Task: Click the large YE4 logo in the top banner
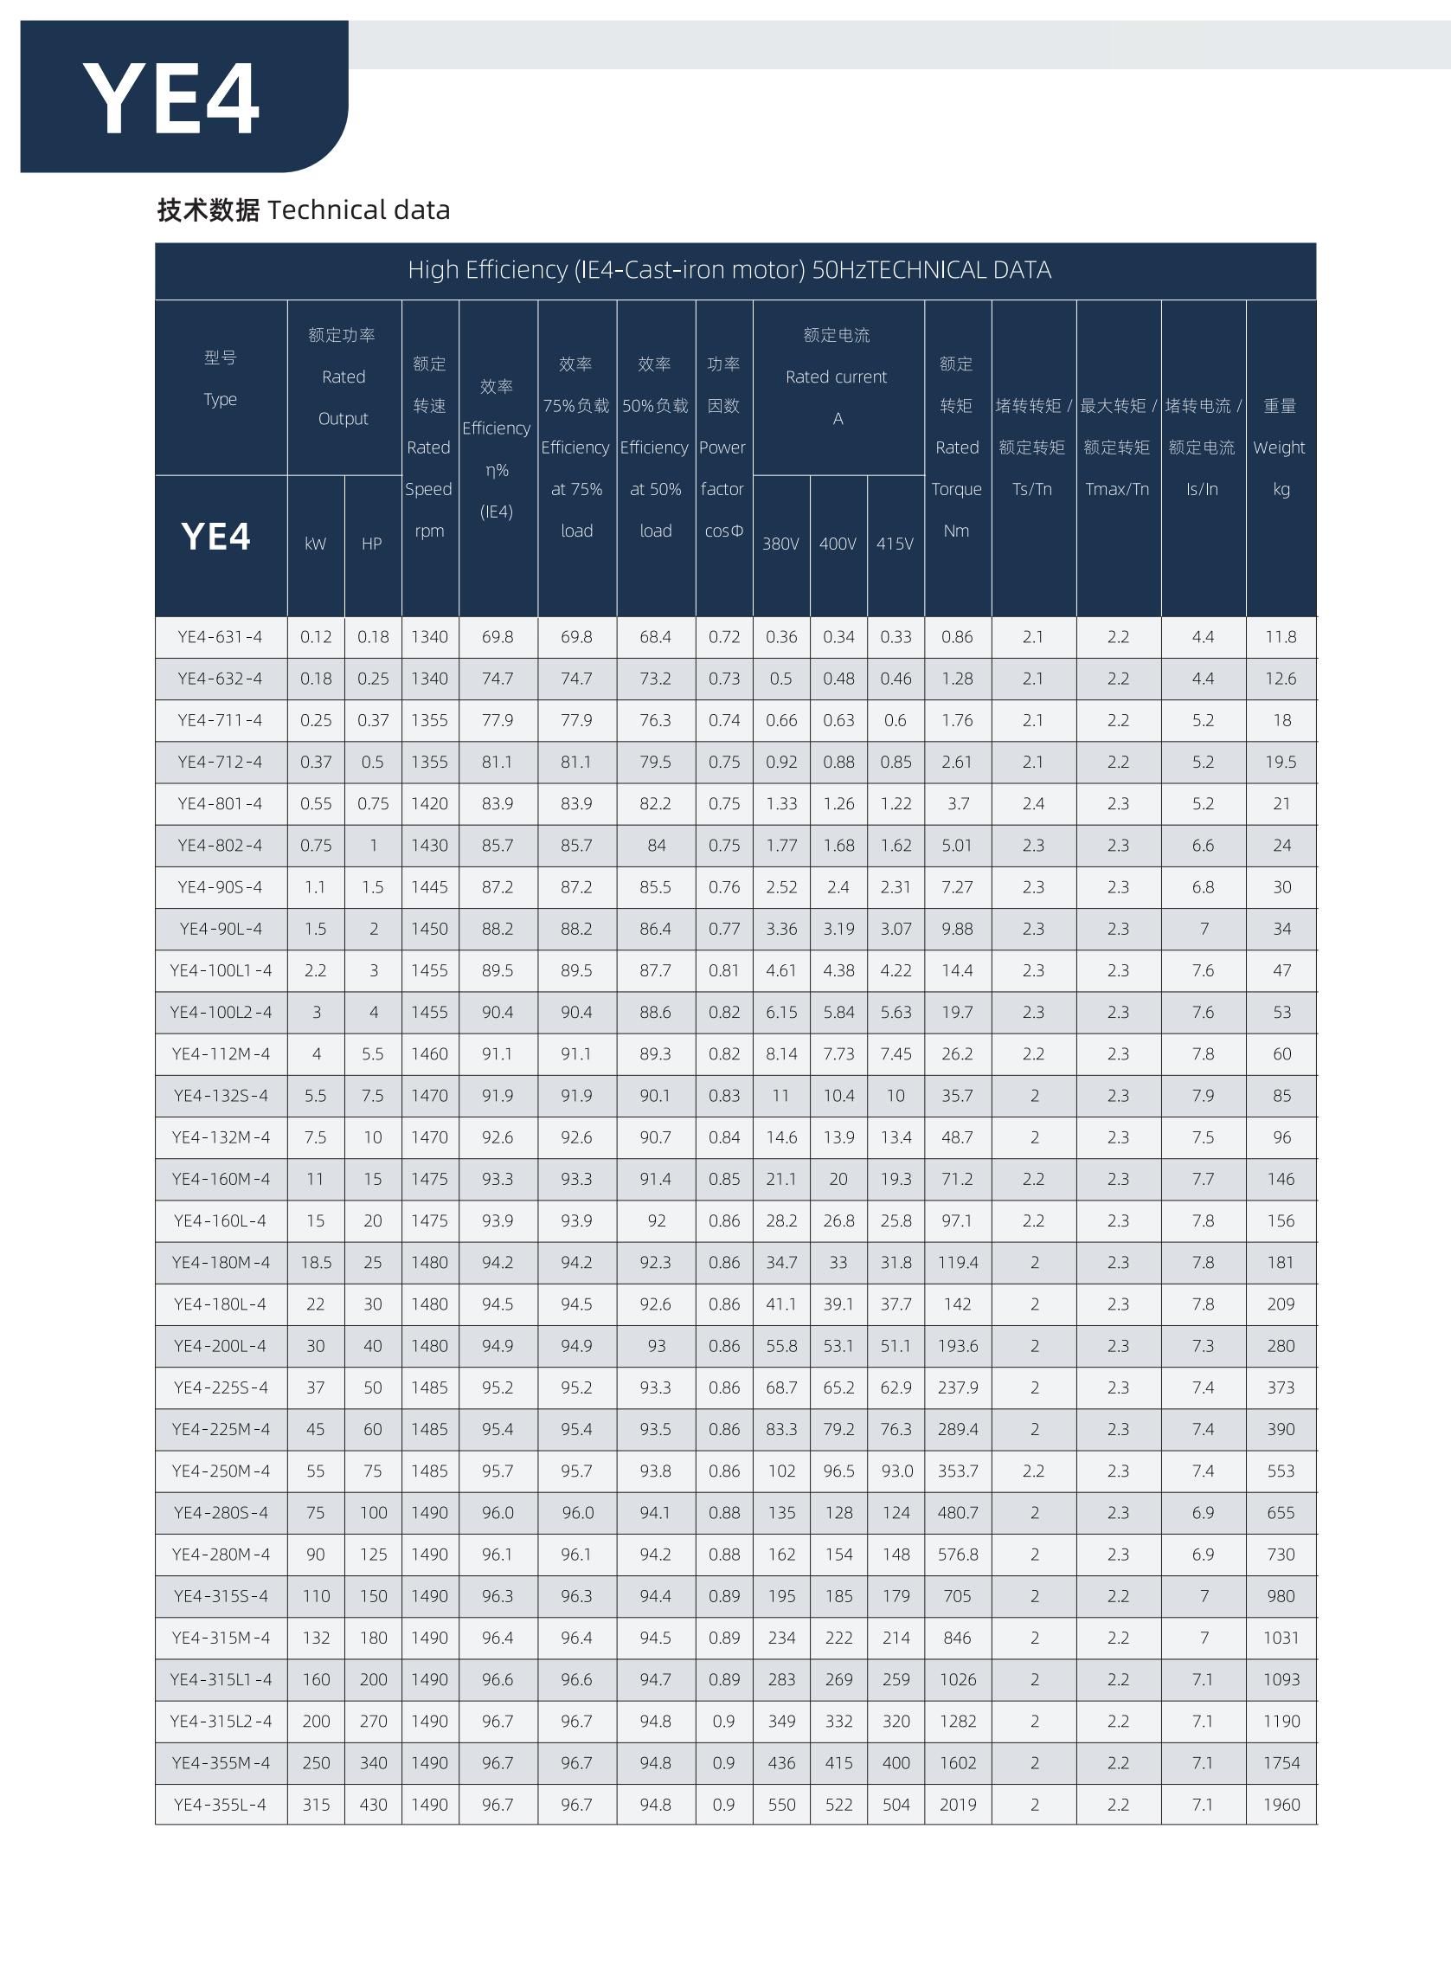pos(171,99)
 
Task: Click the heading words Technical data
pos(358,210)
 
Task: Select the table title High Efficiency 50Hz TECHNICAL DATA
pos(729,270)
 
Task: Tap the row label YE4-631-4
pos(220,637)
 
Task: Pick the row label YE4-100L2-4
pos(221,1012)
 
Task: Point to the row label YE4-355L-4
pos(220,1805)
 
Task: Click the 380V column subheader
pos(780,544)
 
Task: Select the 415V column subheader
pos(894,544)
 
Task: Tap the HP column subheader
pos(371,544)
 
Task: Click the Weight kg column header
pos(1280,447)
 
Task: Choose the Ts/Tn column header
pos(1032,489)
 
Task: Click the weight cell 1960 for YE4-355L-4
pos(1281,1805)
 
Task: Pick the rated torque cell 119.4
pos(957,1263)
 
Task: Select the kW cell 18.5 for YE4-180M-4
pos(315,1263)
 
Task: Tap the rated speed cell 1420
pos(429,804)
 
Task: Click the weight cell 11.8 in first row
pos(1281,637)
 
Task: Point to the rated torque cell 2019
pos(957,1805)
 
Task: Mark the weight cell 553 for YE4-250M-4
pos(1281,1471)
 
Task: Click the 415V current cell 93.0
pos(896,1471)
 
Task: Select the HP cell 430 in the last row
pos(372,1805)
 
